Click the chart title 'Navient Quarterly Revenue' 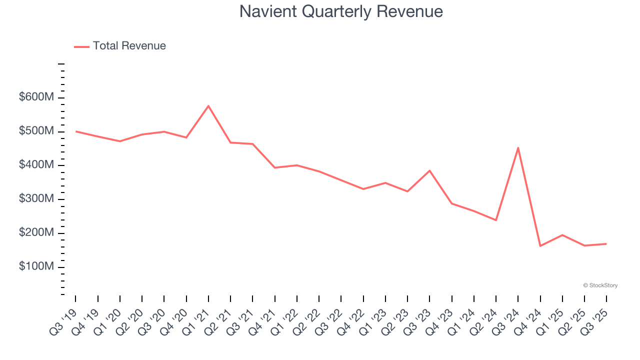341,11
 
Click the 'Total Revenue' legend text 129,46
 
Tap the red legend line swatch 81,46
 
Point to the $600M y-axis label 36,97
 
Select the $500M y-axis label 36,131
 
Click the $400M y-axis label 36,165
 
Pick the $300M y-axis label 36,199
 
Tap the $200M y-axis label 36,233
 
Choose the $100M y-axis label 36,267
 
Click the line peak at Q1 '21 208,106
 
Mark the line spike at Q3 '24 518,148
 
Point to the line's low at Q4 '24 540,246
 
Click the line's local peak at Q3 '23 429,171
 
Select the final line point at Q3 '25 606,244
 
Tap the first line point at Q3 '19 76,131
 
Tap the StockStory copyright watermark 600,285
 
